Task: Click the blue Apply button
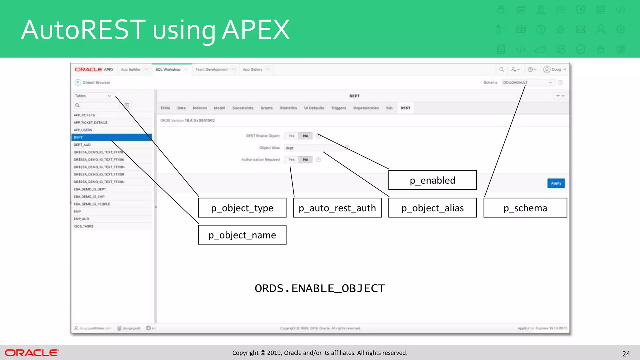coord(556,183)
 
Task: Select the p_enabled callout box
coord(432,180)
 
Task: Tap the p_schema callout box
coord(525,208)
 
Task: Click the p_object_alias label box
coord(432,208)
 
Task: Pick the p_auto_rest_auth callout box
coord(337,208)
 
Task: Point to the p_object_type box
coord(242,208)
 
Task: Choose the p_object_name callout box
coord(242,235)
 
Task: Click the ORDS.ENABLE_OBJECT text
coord(320,288)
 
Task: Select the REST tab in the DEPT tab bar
coord(405,108)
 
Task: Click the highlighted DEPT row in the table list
coord(111,137)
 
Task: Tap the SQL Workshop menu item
coord(168,70)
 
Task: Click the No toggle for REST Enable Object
coord(305,136)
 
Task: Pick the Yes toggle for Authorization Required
coord(292,160)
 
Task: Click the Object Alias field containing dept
coord(312,148)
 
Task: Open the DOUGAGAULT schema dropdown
coord(527,82)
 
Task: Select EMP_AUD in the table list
coord(82,219)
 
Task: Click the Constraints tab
coord(243,108)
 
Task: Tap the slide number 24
coord(626,354)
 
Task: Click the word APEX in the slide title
coord(256,30)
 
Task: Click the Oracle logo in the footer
coord(32,353)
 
